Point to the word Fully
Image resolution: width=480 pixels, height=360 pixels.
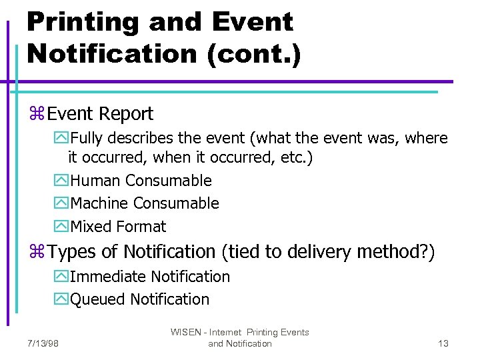click(87, 139)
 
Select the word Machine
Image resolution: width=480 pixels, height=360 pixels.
click(99, 203)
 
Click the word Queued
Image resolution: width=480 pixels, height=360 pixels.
click(98, 299)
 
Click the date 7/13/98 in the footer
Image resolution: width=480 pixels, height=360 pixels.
click(43, 343)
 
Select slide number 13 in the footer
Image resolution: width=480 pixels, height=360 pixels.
click(443, 343)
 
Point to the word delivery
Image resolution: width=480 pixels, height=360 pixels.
click(321, 252)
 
